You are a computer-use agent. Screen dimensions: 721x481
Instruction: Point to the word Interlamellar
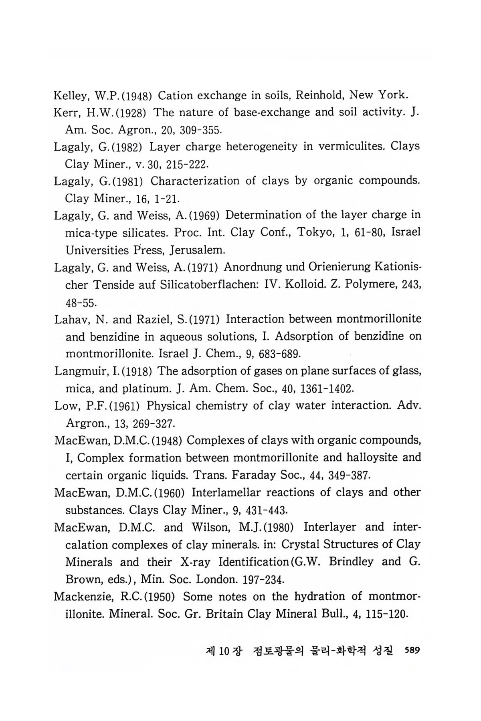[x=226, y=492]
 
